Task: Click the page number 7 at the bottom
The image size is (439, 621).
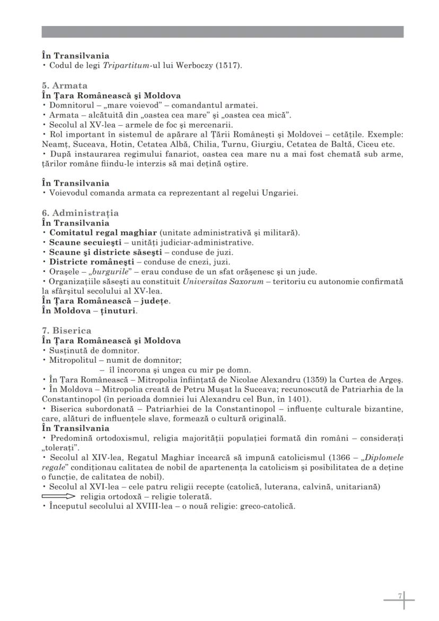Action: point(401,597)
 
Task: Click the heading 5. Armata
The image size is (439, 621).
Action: point(65,85)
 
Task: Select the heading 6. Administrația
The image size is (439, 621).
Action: point(80,213)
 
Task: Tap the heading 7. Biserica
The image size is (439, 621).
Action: point(66,330)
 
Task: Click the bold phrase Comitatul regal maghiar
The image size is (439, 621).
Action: point(103,233)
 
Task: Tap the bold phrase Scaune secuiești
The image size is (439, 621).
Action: point(82,243)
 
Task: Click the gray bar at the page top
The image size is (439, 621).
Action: point(222,32)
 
